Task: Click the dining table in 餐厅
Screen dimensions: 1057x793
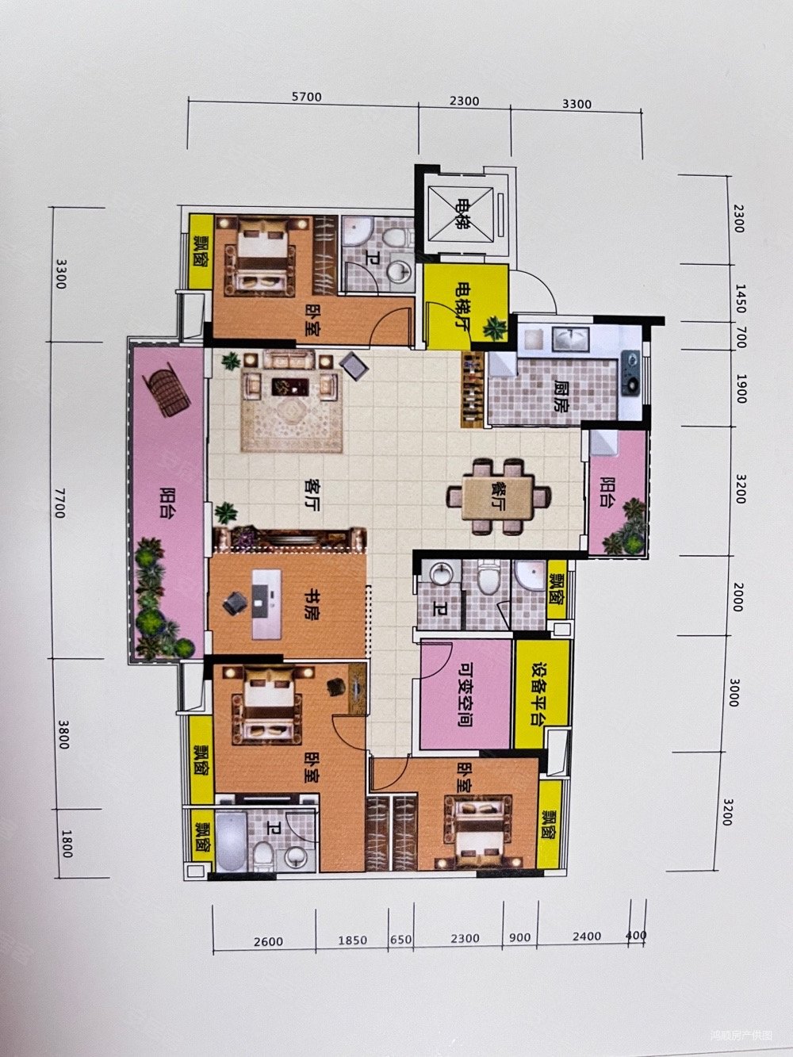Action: pyautogui.click(x=500, y=498)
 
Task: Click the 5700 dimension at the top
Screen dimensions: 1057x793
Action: pyautogui.click(x=306, y=98)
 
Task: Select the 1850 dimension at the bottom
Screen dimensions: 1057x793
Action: pyautogui.click(x=351, y=940)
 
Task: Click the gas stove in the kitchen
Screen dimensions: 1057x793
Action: pyautogui.click(x=632, y=371)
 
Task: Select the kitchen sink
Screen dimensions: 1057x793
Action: pyautogui.click(x=568, y=340)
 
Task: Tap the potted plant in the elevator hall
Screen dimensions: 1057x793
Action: pyautogui.click(x=496, y=327)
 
